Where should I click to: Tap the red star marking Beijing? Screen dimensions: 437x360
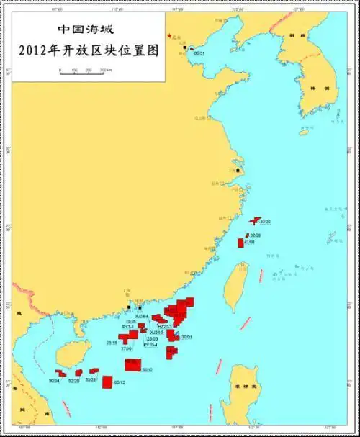[170, 36]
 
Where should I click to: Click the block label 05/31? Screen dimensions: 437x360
[199, 53]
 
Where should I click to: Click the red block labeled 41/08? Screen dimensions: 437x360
[241, 243]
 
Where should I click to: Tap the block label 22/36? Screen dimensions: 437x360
[256, 235]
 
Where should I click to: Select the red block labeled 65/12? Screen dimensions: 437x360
[107, 382]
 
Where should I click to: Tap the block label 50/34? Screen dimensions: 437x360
[54, 380]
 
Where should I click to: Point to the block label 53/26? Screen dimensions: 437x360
[90, 379]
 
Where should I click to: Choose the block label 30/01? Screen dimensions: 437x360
[186, 337]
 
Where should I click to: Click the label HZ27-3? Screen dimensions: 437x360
[165, 325]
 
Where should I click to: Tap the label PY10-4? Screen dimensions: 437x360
[150, 345]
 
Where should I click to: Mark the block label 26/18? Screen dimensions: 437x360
[112, 342]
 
